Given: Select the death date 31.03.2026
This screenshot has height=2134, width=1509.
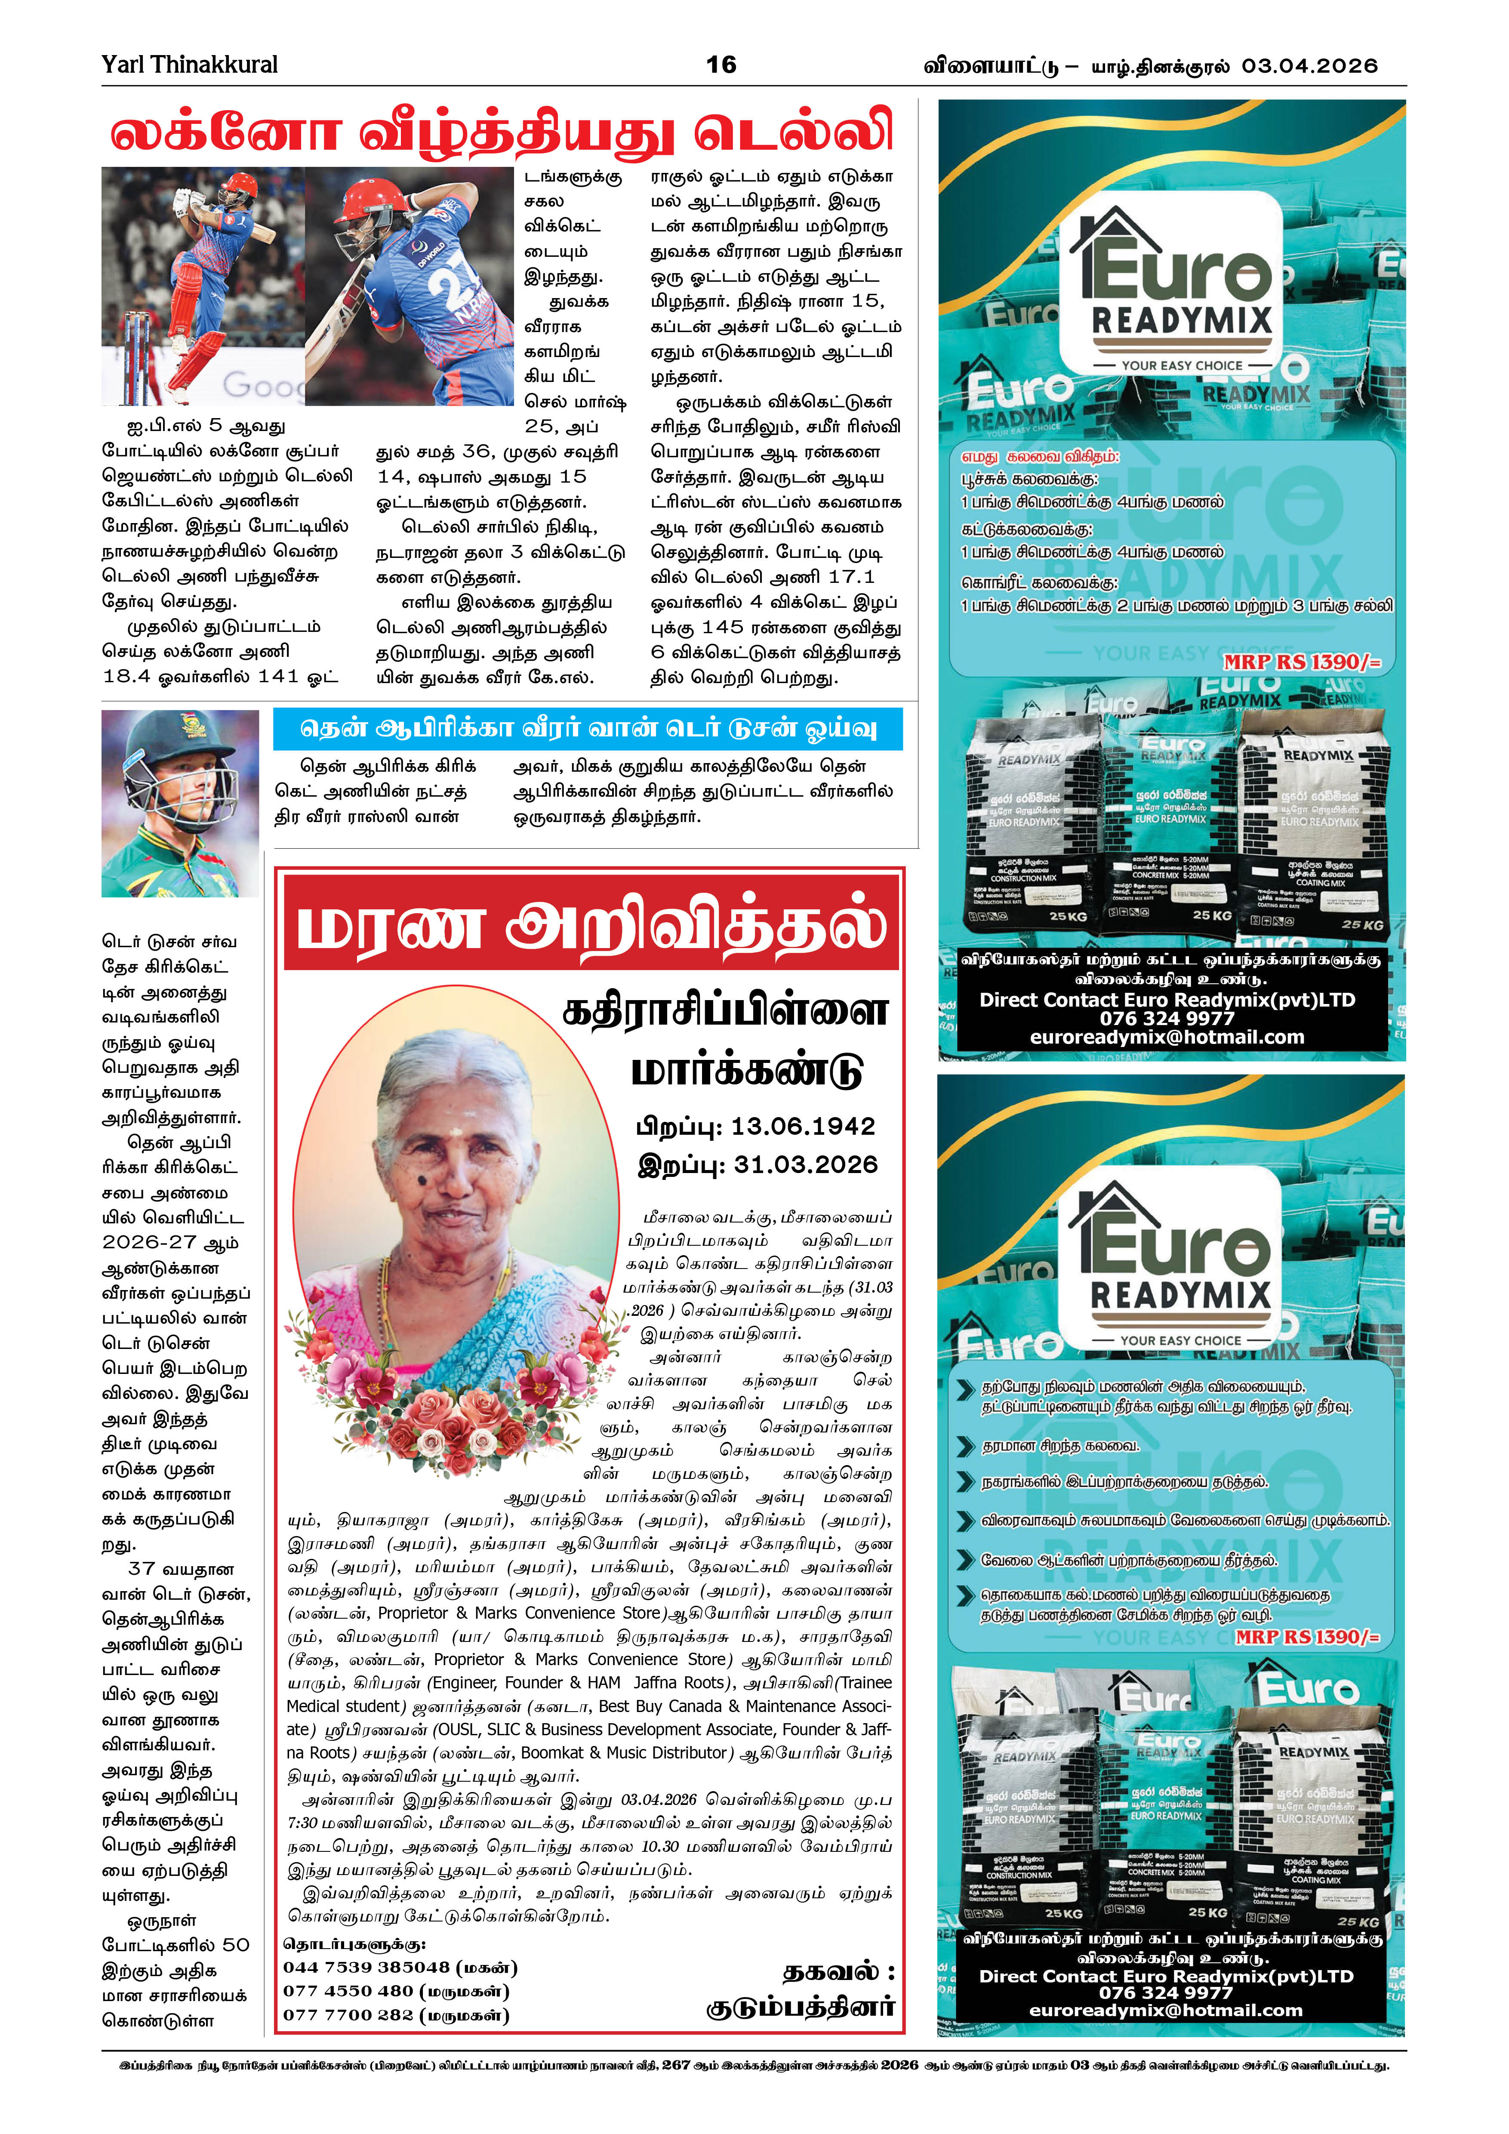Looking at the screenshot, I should tap(805, 1164).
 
